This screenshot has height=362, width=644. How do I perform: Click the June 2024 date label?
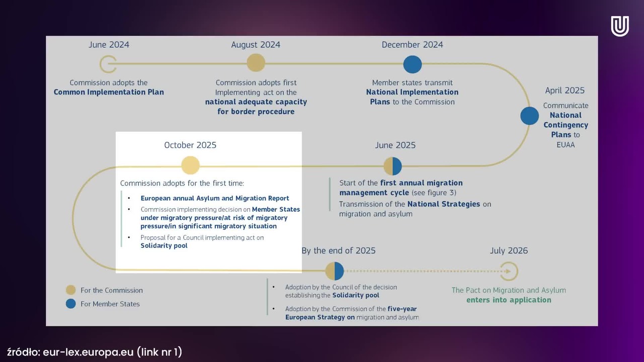(x=109, y=45)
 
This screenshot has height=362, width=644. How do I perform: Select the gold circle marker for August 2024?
(x=256, y=63)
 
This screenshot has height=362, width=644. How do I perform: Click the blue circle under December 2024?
(x=412, y=64)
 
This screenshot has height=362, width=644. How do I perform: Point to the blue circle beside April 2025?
(x=529, y=116)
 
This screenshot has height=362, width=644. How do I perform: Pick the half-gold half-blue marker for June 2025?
(x=392, y=166)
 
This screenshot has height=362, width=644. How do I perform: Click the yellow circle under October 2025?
(x=190, y=165)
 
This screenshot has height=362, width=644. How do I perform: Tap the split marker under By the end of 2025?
(x=335, y=271)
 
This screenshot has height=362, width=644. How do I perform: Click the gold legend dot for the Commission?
(x=71, y=290)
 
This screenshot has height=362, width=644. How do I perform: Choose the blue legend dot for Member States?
(x=71, y=304)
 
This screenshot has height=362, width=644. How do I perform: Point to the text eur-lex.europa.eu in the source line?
(x=88, y=352)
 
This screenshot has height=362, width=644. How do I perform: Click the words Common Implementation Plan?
(x=109, y=92)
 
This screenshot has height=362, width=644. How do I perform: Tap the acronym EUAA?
(x=566, y=145)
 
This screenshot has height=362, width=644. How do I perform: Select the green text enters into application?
(x=509, y=300)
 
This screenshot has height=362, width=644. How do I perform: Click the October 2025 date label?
(x=190, y=145)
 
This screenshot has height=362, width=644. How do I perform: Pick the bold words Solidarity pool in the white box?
(x=164, y=246)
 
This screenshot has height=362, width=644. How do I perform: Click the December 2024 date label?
(x=412, y=45)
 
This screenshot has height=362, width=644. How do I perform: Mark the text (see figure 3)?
(x=434, y=193)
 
